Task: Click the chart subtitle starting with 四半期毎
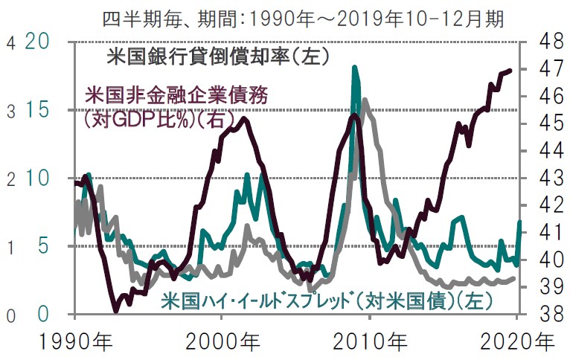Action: click(303, 17)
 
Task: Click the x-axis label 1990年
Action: click(75, 343)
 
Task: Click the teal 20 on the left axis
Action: click(39, 42)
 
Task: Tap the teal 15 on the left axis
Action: click(39, 110)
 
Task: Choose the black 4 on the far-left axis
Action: click(10, 42)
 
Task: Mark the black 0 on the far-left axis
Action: click(10, 315)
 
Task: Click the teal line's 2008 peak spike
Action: click(355, 68)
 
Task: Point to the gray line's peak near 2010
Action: click(365, 99)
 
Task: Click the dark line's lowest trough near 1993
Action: click(115, 311)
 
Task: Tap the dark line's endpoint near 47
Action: click(510, 71)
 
